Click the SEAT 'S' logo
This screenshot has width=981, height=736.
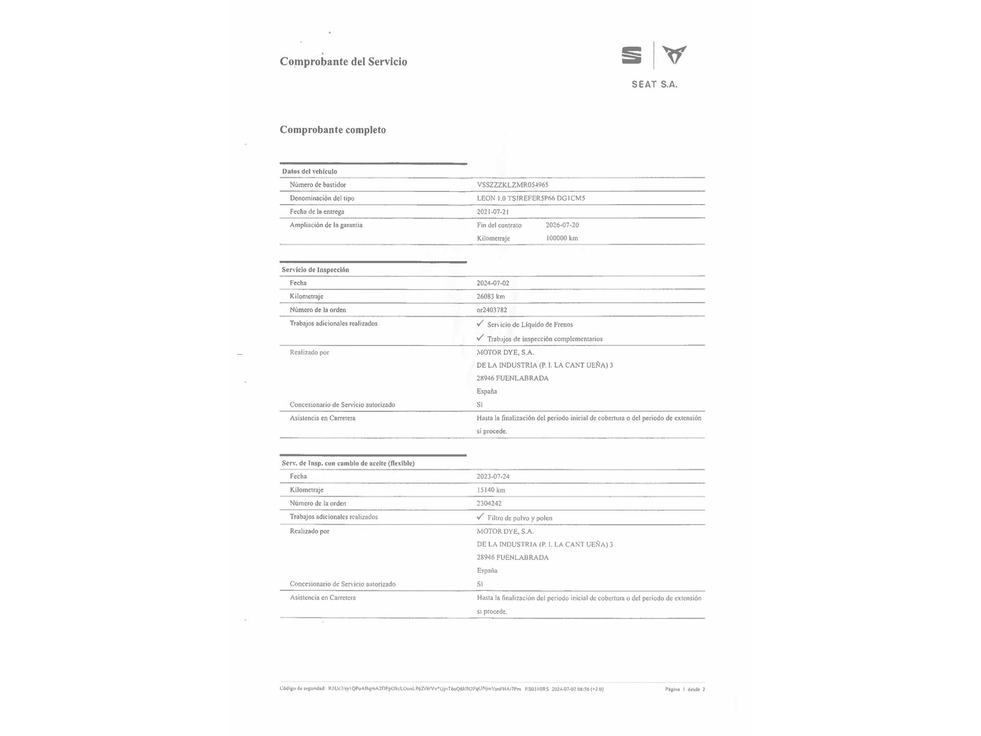click(x=631, y=55)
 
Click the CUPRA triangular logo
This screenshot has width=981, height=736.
click(x=674, y=55)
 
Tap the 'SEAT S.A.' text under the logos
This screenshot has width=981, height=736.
click(x=654, y=84)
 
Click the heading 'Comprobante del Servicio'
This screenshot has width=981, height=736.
click(x=343, y=62)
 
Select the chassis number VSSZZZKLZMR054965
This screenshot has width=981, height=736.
click(x=513, y=185)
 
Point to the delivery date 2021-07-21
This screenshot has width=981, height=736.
click(x=492, y=212)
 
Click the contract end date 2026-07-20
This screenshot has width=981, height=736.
click(x=562, y=225)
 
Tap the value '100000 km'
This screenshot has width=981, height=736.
click(x=562, y=238)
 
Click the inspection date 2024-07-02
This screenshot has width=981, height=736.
click(x=492, y=283)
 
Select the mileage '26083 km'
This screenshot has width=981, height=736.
click(x=490, y=296)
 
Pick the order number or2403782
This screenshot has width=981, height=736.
click(x=491, y=310)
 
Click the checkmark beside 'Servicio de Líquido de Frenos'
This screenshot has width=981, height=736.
click(x=480, y=324)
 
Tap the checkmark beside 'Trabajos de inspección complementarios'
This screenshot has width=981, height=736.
click(x=480, y=338)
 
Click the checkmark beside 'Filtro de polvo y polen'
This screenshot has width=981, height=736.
click(x=480, y=517)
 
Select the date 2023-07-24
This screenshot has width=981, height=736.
click(x=493, y=476)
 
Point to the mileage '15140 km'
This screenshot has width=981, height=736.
click(x=490, y=490)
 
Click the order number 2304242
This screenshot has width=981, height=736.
click(x=489, y=503)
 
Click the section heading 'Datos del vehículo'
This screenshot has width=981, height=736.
click(x=310, y=172)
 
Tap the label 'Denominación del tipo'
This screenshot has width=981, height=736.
click(x=322, y=198)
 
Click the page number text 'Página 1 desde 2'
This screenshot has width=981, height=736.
click(x=685, y=689)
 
